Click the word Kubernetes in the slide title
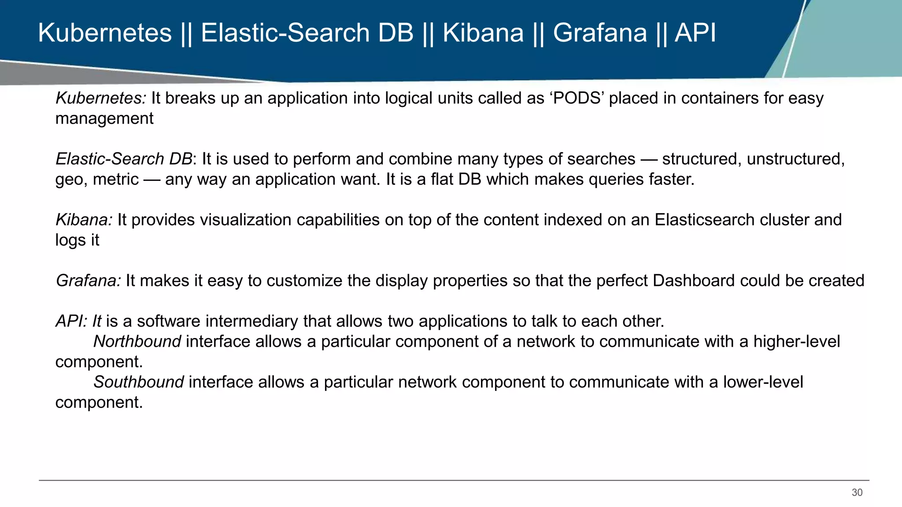click(105, 33)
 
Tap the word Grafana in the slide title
click(599, 33)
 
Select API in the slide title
click(695, 33)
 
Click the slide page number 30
click(857, 492)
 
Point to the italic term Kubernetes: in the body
click(100, 98)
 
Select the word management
click(104, 119)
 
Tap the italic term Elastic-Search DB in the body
click(124, 159)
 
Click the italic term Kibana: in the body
click(84, 220)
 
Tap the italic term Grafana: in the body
click(88, 281)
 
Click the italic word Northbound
click(137, 342)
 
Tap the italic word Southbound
click(138, 382)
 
